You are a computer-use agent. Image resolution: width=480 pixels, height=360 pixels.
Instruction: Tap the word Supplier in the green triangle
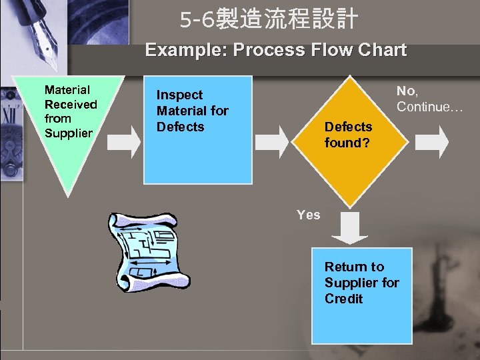pos(68,133)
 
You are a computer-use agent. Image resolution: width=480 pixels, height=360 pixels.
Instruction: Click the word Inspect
pos(179,95)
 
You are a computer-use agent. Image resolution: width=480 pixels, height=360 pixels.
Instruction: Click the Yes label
pos(308,215)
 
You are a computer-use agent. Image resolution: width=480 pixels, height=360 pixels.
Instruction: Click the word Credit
pos(343,299)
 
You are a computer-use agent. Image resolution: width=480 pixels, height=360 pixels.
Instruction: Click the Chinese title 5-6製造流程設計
pos(269,20)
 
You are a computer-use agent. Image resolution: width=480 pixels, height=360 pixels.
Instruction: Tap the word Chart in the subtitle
pos(381,50)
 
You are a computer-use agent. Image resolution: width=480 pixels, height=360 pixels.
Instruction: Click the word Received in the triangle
pos(71,104)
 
